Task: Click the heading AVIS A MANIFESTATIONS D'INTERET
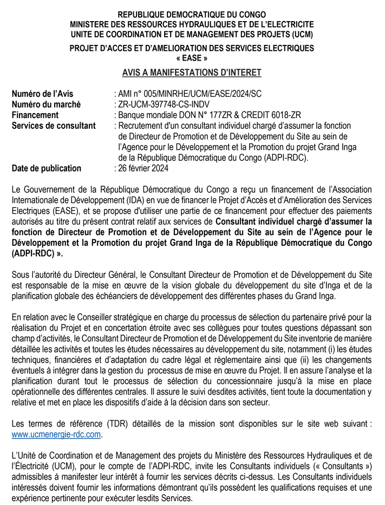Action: tap(192, 73)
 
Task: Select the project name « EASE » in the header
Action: tap(192, 58)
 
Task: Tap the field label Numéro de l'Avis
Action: tap(42, 94)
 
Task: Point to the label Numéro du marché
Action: tap(46, 104)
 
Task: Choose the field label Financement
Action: tap(35, 115)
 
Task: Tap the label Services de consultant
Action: tap(54, 126)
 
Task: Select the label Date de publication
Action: tap(47, 168)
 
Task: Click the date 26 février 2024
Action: tap(143, 168)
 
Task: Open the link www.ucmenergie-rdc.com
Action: tap(56, 435)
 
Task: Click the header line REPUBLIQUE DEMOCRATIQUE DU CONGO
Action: tap(192, 14)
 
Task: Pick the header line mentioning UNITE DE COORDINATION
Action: tap(192, 34)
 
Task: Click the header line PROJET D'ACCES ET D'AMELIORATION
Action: tap(192, 48)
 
